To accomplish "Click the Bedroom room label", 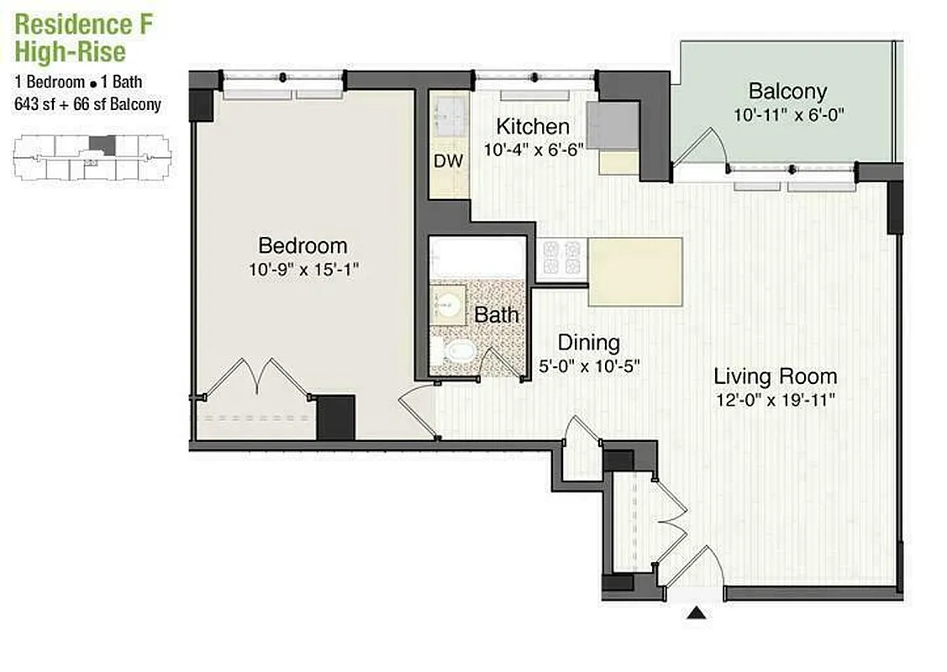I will coord(303,246).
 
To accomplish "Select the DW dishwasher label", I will coord(449,160).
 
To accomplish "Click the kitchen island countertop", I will coord(634,271).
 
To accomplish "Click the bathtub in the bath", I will coord(476,256).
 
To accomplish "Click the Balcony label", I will coord(787,91).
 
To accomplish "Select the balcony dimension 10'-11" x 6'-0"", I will coord(787,114).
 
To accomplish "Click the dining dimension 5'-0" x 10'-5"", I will coord(589,366).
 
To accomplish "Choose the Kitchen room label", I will coord(533,127).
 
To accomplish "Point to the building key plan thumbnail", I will coord(91,157).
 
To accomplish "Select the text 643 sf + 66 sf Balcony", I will coord(87,105).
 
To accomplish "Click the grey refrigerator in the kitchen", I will coord(613,125).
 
